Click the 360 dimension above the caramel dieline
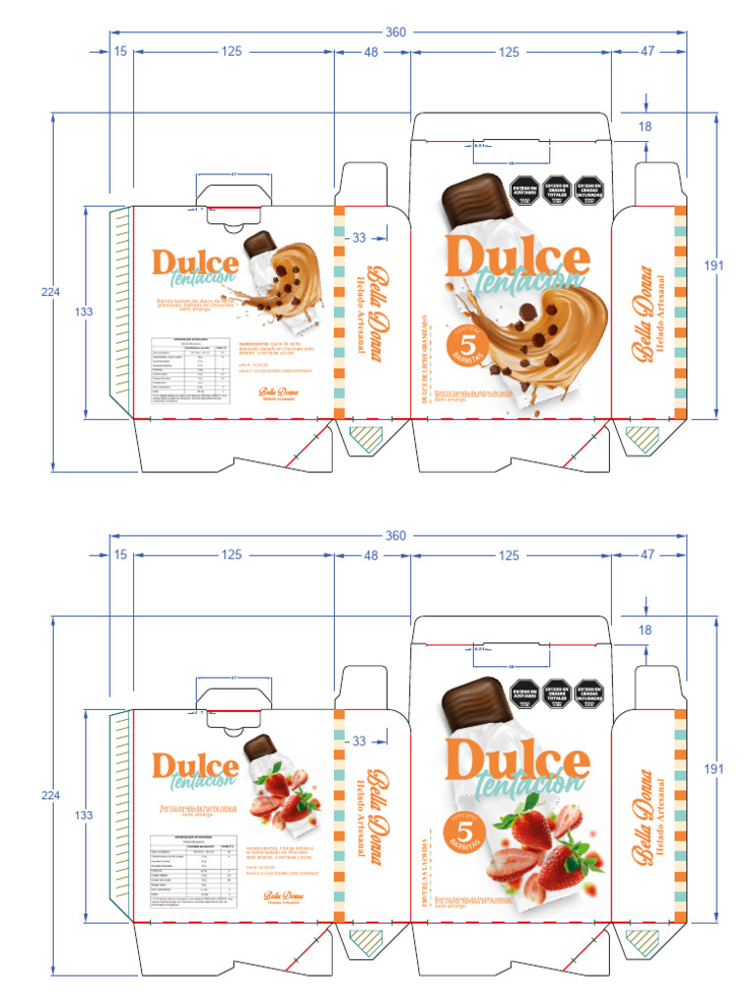pyautogui.click(x=396, y=32)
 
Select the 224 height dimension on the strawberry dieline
pyautogui.click(x=50, y=795)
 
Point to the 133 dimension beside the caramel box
pyautogui.click(x=85, y=311)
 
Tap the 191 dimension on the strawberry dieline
pyautogui.click(x=715, y=770)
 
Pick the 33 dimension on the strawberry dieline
pyautogui.click(x=359, y=741)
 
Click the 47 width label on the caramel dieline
pyautogui.click(x=647, y=52)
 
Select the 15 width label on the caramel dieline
pyautogui.click(x=120, y=52)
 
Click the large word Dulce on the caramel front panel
pyautogui.click(x=517, y=256)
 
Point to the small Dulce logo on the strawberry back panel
pyautogui.click(x=195, y=767)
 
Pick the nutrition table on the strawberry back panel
pyautogui.click(x=191, y=863)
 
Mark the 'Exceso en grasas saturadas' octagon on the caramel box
pyautogui.click(x=587, y=190)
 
